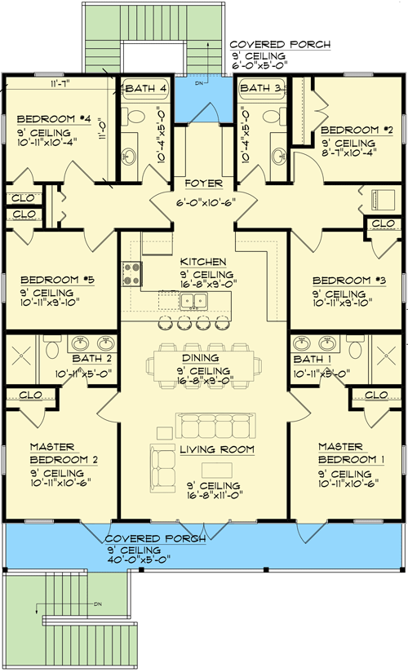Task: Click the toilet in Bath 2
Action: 50,349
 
